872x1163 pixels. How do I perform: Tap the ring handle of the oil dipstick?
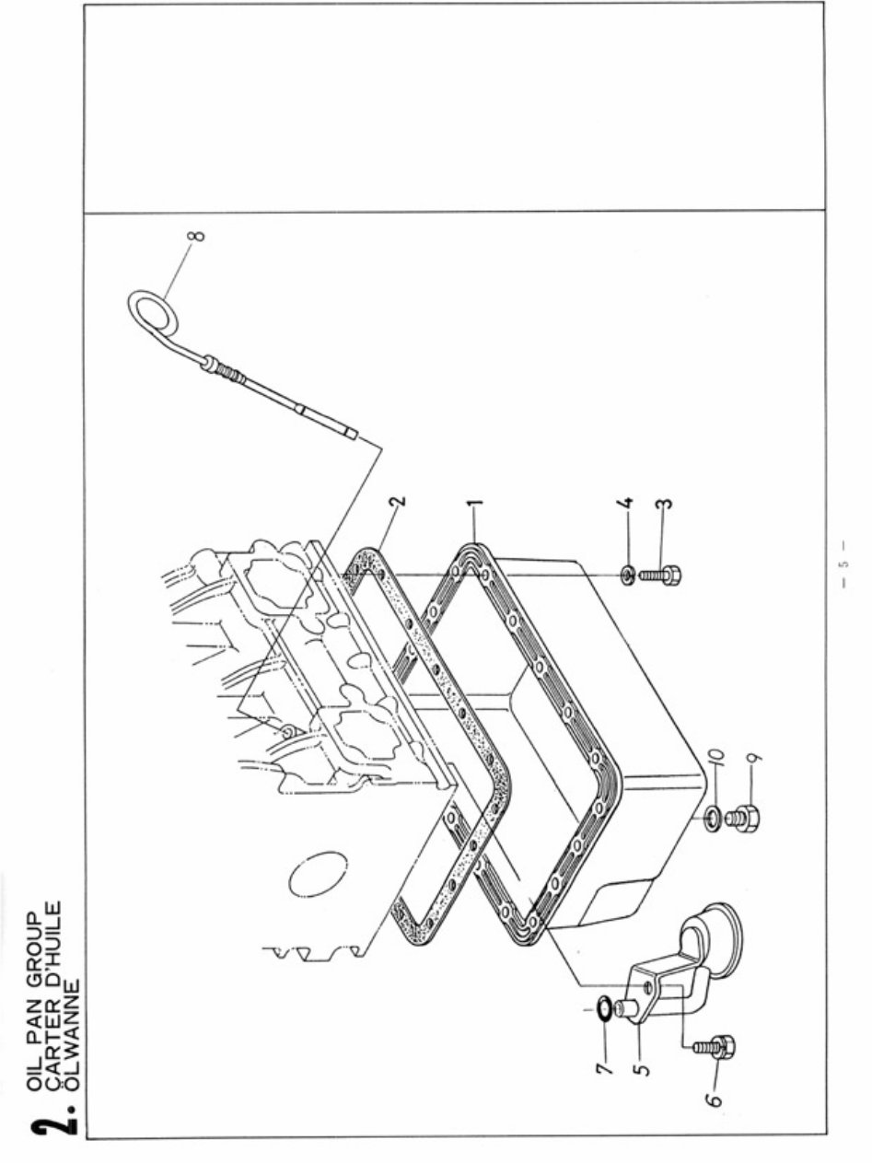[153, 309]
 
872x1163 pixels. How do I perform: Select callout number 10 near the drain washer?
[718, 758]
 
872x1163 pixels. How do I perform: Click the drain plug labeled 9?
[740, 816]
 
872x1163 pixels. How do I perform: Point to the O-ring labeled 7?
[601, 1010]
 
